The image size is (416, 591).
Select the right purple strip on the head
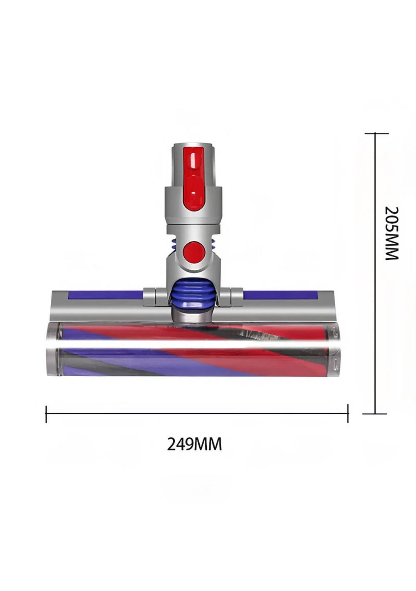[280, 294]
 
